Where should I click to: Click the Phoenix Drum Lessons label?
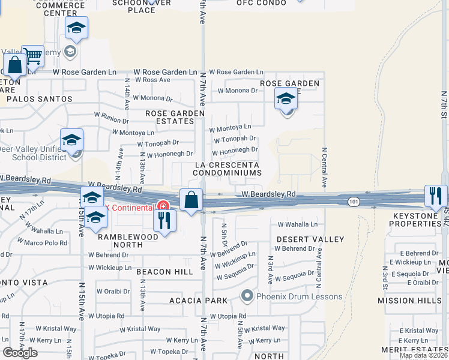(299, 296)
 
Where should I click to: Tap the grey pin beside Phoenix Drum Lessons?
(246, 296)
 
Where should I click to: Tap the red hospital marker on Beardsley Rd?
(161, 206)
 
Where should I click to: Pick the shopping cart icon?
(33, 56)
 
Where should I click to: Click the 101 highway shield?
(354, 202)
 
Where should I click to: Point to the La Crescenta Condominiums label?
(227, 169)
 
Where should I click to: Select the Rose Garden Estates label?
(170, 117)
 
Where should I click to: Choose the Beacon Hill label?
(164, 272)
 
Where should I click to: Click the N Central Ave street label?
(324, 167)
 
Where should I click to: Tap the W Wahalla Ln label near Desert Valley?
(297, 224)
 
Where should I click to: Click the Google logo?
(20, 353)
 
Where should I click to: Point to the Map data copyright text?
(423, 355)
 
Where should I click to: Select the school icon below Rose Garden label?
(286, 99)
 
